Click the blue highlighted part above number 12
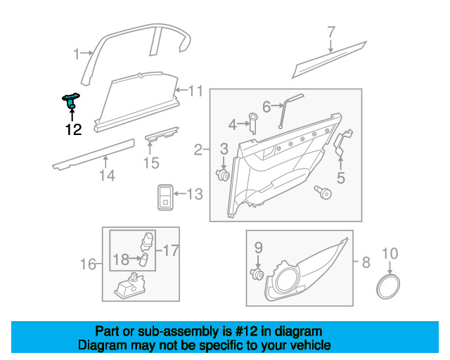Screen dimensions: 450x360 click(71, 101)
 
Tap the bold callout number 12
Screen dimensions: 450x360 click(73, 129)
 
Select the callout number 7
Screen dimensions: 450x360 click(331, 32)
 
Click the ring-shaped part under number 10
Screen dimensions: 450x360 click(387, 286)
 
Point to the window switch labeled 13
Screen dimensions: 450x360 click(165, 197)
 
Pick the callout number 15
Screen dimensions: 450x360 click(151, 163)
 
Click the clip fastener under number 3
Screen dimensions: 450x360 click(222, 174)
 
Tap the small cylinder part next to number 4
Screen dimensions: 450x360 click(253, 123)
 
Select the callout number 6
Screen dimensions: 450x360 click(266, 106)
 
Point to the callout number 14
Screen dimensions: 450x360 click(107, 175)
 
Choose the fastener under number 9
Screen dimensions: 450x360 click(257, 274)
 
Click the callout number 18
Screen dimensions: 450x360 click(121, 259)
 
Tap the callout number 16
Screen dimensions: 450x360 click(88, 264)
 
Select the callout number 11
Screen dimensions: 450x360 click(195, 91)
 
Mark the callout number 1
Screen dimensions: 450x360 click(77, 54)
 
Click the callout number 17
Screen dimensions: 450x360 click(172, 250)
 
